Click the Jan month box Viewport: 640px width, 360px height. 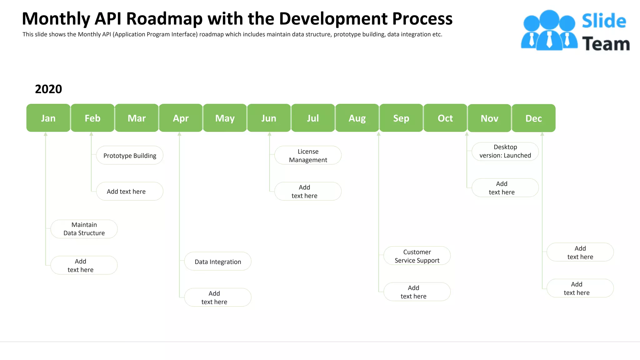pyautogui.click(x=48, y=118)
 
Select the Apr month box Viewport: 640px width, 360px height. pyautogui.click(x=181, y=118)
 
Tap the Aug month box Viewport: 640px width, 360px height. pyautogui.click(x=357, y=118)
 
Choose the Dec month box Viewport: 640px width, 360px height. pyautogui.click(x=533, y=118)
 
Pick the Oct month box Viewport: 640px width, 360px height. pyautogui.click(x=445, y=118)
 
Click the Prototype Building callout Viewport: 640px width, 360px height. pyautogui.click(x=130, y=155)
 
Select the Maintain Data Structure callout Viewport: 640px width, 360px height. pyautogui.click(x=84, y=229)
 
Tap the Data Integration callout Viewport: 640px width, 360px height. pyautogui.click(x=218, y=262)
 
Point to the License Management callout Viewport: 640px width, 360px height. pyautogui.click(x=308, y=155)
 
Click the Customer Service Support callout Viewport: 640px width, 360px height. pyautogui.click(x=417, y=256)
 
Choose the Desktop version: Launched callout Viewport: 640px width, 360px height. pyautogui.click(x=505, y=152)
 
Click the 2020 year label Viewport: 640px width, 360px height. pyautogui.click(x=48, y=89)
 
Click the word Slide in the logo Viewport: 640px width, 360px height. pyautogui.click(x=604, y=21)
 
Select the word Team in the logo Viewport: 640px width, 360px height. pyautogui.click(x=606, y=44)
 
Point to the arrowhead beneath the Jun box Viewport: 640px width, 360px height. pyautogui.click(x=269, y=134)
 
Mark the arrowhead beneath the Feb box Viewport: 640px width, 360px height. pyautogui.click(x=91, y=134)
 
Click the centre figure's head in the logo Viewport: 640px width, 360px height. pyautogui.click(x=549, y=19)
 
